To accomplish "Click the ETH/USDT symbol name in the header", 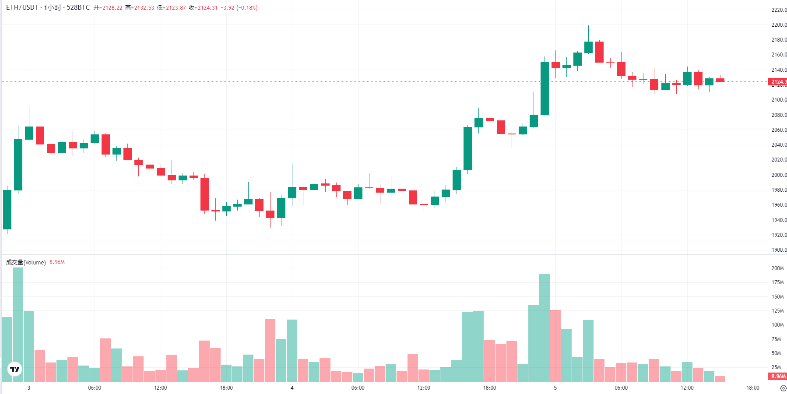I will (22, 7).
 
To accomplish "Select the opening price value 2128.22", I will (112, 8).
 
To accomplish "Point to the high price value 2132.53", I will (144, 8).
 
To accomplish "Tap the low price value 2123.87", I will (176, 8).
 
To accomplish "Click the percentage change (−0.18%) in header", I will (247, 8).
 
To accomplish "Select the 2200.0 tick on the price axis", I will (779, 25).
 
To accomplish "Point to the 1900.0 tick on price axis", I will (779, 250).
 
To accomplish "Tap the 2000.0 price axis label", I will (779, 175).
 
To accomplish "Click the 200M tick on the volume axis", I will (777, 268).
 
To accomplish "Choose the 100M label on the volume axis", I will (777, 325).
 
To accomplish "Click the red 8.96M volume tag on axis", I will (778, 376).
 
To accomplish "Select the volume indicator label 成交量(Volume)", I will (26, 262).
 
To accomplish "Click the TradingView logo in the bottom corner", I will (15, 369).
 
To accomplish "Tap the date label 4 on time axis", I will (292, 388).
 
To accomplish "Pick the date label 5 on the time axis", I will (555, 388).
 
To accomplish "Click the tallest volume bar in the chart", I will (18, 324).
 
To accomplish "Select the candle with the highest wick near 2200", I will (588, 47).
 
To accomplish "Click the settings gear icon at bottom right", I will (783, 388).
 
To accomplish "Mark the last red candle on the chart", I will (720, 80).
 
